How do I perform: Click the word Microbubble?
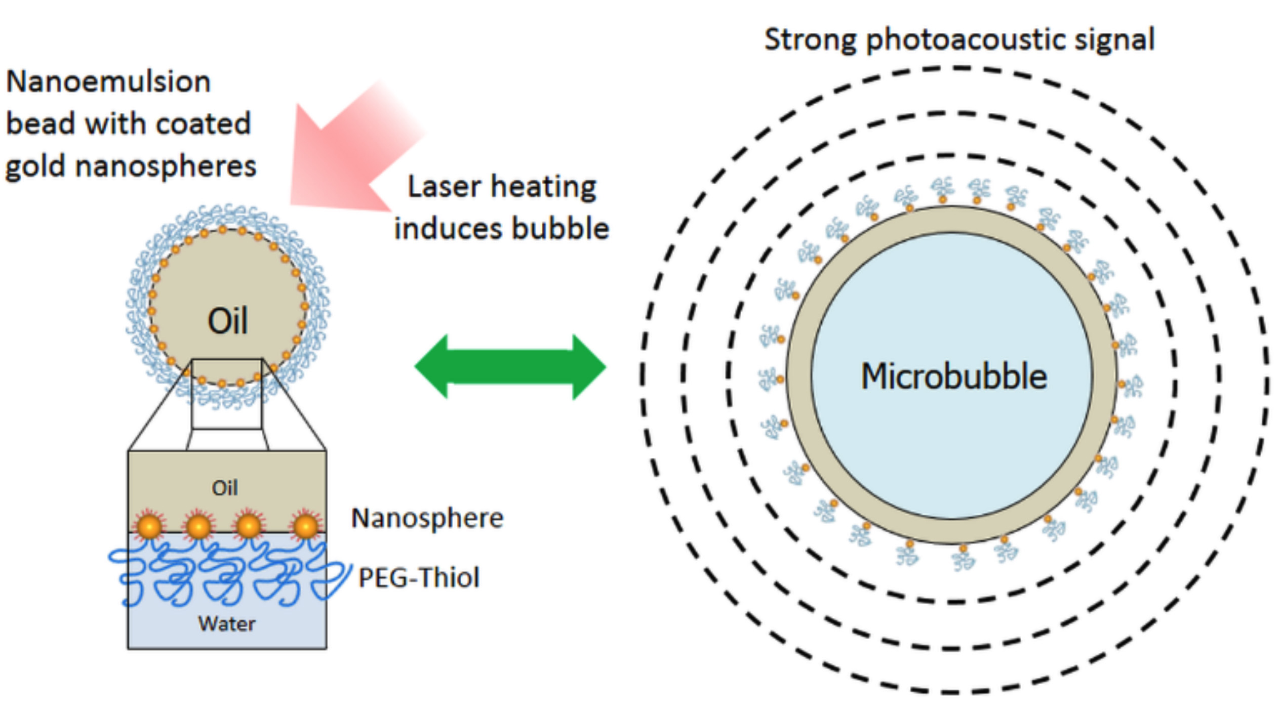pos(954,376)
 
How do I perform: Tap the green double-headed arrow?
pos(510,366)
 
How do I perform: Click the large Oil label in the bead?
pos(228,321)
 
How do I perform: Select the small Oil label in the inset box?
pos(225,488)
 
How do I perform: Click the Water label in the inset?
pos(226,624)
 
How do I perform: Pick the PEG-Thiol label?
pos(419,578)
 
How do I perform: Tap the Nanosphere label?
pos(427,518)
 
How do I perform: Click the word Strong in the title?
pos(810,39)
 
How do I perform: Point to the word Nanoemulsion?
pos(108,82)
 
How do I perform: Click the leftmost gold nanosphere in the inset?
pos(149,527)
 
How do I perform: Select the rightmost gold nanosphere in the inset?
pos(306,527)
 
